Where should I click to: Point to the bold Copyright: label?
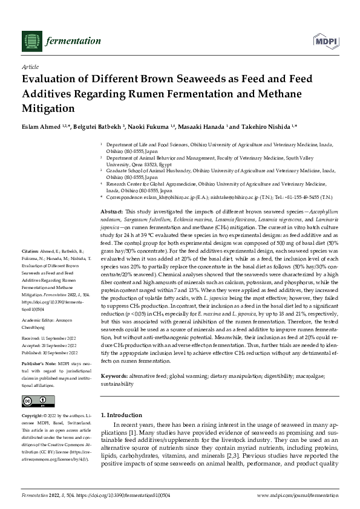pos(33,417)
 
